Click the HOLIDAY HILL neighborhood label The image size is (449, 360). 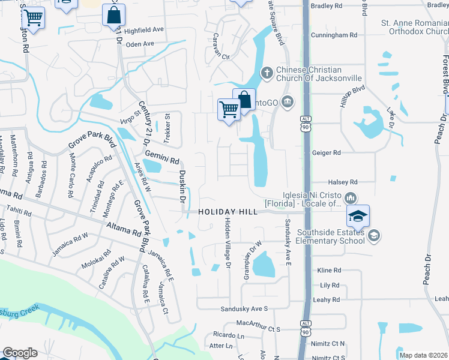point(228,212)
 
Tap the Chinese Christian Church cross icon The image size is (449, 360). point(267,73)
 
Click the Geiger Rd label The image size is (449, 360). point(327,153)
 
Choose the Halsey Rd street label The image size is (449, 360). point(343,182)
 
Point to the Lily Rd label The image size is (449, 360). point(330,285)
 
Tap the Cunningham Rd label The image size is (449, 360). point(334,35)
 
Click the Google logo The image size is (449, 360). point(20,353)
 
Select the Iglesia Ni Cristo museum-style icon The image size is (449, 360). point(351,197)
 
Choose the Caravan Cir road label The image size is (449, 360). point(218,56)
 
